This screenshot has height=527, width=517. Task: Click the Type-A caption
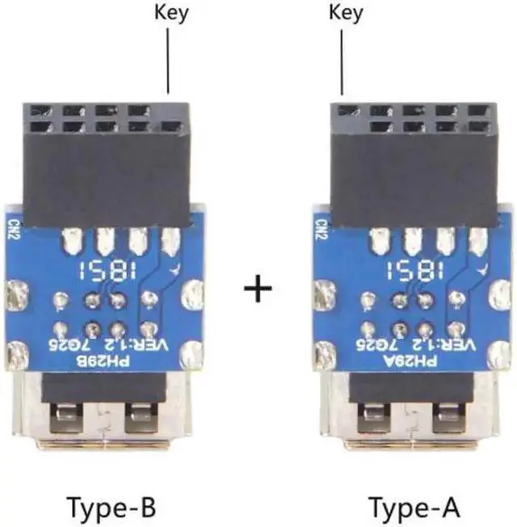414,508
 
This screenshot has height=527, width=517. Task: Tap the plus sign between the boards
258,289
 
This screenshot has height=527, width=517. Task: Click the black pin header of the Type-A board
414,166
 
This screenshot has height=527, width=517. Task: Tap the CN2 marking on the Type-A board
321,223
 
